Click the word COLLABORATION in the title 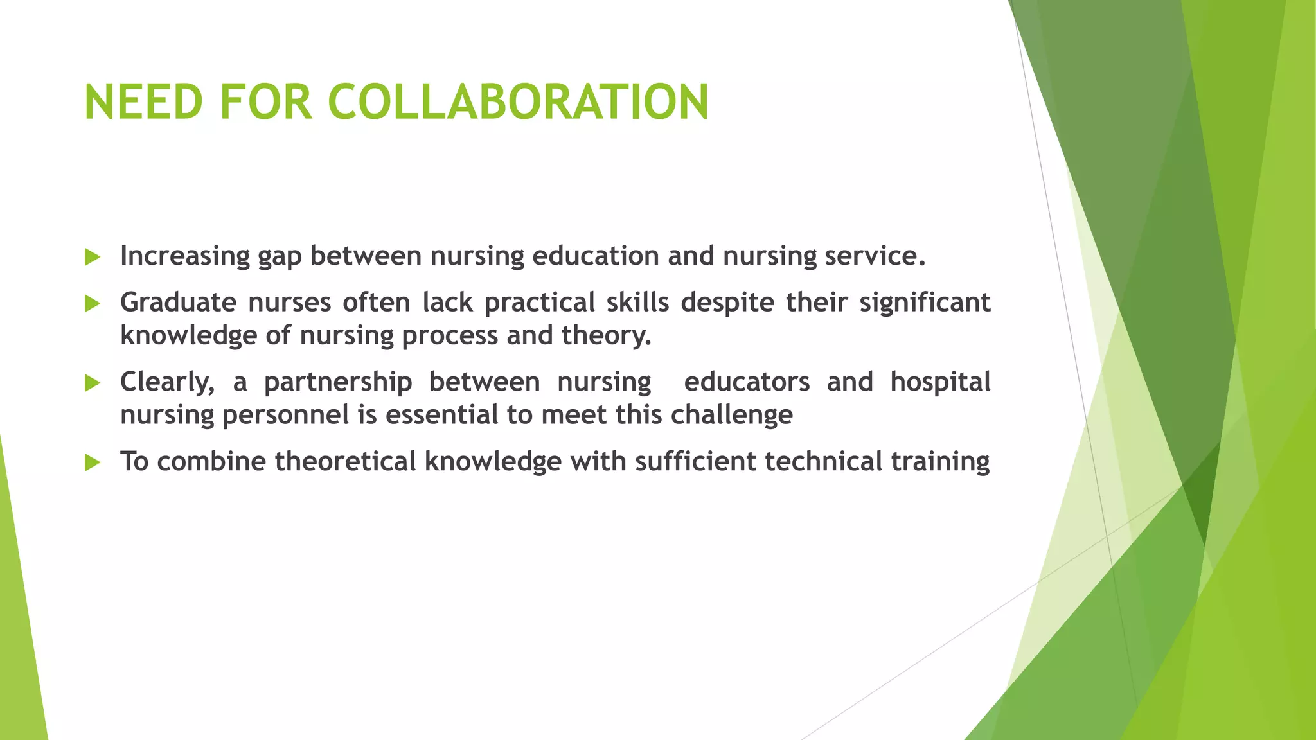coord(518,102)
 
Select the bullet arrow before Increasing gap coord(93,258)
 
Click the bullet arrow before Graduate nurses coord(93,304)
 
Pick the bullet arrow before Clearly coord(93,383)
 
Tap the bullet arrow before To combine coord(93,463)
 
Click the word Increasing coord(185,256)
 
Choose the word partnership coord(338,382)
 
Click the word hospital coord(940,382)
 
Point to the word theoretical coord(346,461)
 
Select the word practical coord(540,303)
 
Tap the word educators coord(747,382)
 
